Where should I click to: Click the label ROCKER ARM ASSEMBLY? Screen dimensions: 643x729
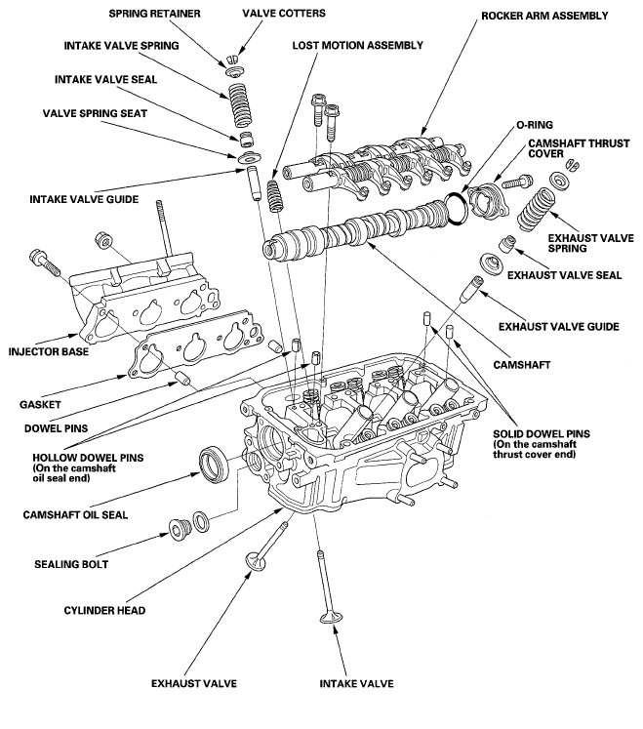coord(544,16)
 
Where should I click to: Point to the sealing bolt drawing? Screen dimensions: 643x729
coord(180,529)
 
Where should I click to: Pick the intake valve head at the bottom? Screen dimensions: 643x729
coord(332,619)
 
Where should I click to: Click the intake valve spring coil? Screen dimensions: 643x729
coord(241,104)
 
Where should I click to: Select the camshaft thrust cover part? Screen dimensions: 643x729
coord(484,200)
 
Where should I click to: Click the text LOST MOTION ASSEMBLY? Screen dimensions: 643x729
coord(357,46)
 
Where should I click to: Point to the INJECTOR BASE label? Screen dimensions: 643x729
coord(49,351)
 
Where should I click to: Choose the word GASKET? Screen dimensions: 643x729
coord(40,404)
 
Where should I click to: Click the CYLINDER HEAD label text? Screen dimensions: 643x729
coord(104,611)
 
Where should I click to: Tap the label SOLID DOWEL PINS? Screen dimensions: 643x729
coord(542,434)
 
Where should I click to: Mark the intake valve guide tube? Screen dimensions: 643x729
coord(254,182)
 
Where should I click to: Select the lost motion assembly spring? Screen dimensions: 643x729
coord(274,196)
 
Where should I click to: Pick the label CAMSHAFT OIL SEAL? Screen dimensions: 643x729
coord(75,515)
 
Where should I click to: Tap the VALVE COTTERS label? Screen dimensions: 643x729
coord(284,13)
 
